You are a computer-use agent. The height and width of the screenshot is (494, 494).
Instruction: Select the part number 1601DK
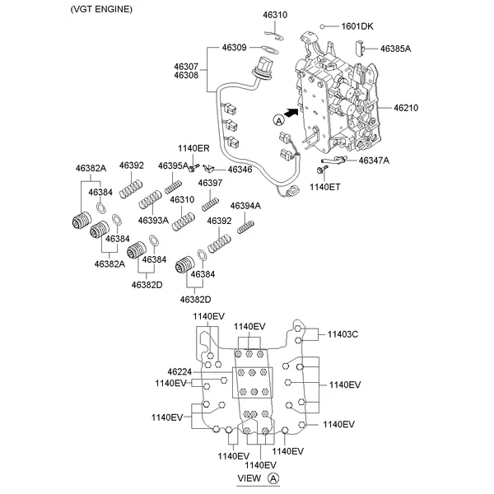(357, 26)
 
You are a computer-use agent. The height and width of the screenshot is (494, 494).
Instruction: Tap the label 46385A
(395, 49)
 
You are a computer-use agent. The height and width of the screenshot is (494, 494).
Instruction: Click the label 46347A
(375, 160)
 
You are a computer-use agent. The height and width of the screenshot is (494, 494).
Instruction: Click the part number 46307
(185, 66)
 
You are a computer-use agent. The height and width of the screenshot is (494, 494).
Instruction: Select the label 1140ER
(193, 148)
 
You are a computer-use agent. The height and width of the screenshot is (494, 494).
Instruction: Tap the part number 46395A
(174, 165)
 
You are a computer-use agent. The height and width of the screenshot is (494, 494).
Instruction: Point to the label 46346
(240, 169)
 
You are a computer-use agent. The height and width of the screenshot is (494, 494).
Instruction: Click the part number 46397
(209, 182)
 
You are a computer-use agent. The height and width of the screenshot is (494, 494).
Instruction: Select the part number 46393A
(153, 221)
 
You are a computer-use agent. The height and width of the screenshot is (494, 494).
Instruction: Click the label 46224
(179, 371)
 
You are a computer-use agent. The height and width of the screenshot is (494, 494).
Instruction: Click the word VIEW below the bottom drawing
(249, 478)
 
